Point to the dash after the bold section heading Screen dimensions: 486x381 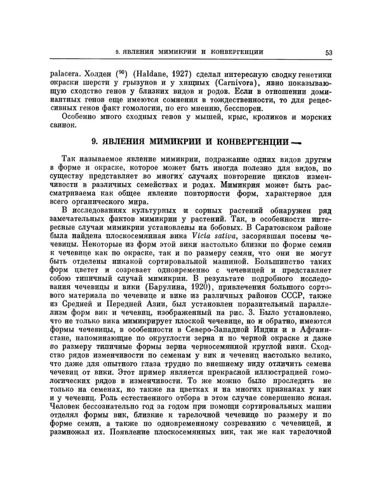click(295, 142)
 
